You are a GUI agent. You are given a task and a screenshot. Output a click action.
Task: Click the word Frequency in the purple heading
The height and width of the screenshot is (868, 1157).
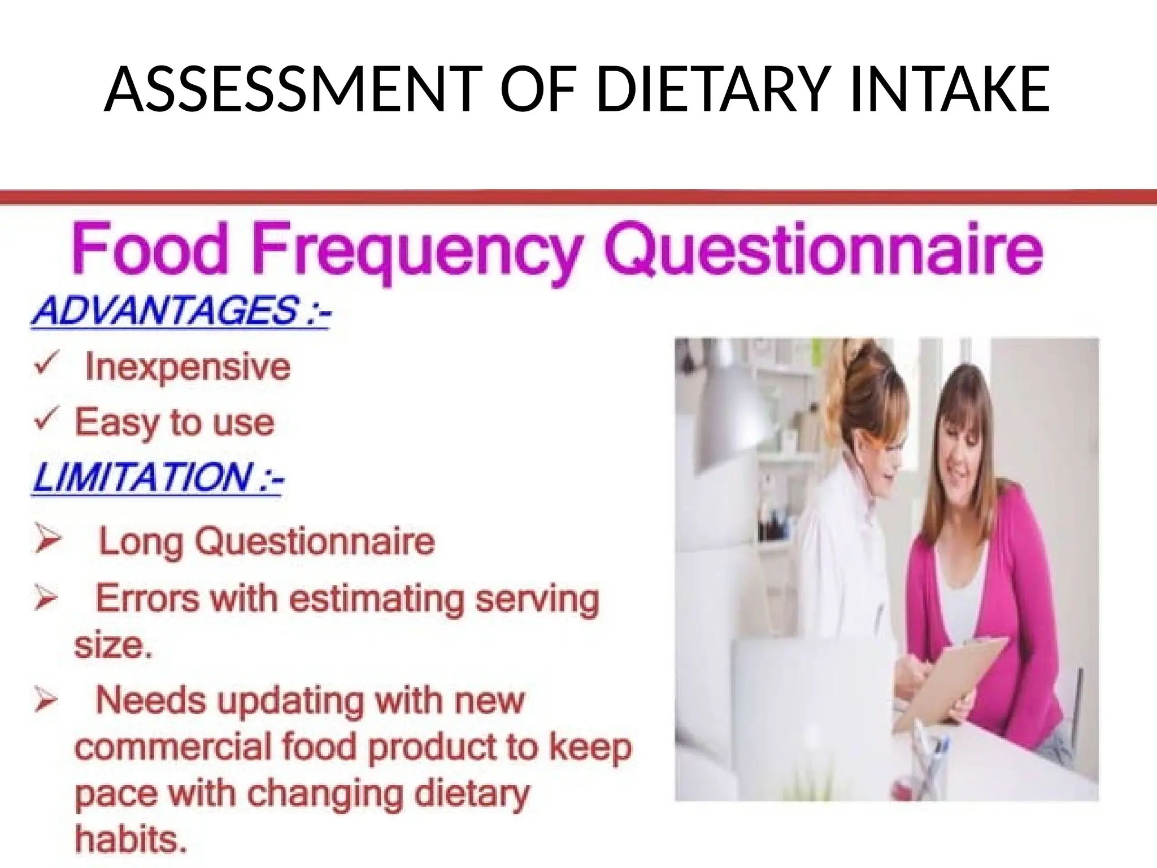tap(418, 251)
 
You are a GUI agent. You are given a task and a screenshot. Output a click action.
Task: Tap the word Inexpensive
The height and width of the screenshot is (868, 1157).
tap(188, 367)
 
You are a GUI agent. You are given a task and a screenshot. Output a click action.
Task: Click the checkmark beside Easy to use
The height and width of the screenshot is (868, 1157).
tap(45, 420)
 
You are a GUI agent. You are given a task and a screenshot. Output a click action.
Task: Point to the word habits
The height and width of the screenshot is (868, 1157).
tap(131, 839)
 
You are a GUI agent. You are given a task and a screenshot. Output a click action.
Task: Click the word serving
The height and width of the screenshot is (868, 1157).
tap(537, 599)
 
